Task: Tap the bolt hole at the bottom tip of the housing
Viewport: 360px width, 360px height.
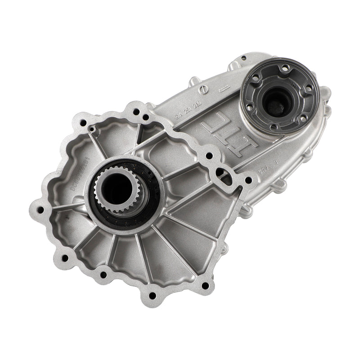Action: pyautogui.click(x=152, y=295)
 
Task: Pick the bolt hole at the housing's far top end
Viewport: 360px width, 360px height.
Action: pyautogui.click(x=243, y=58)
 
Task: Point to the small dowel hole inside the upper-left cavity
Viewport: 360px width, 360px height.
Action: pyautogui.click(x=92, y=129)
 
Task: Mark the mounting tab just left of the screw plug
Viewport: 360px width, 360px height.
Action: pyautogui.click(x=191, y=82)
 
